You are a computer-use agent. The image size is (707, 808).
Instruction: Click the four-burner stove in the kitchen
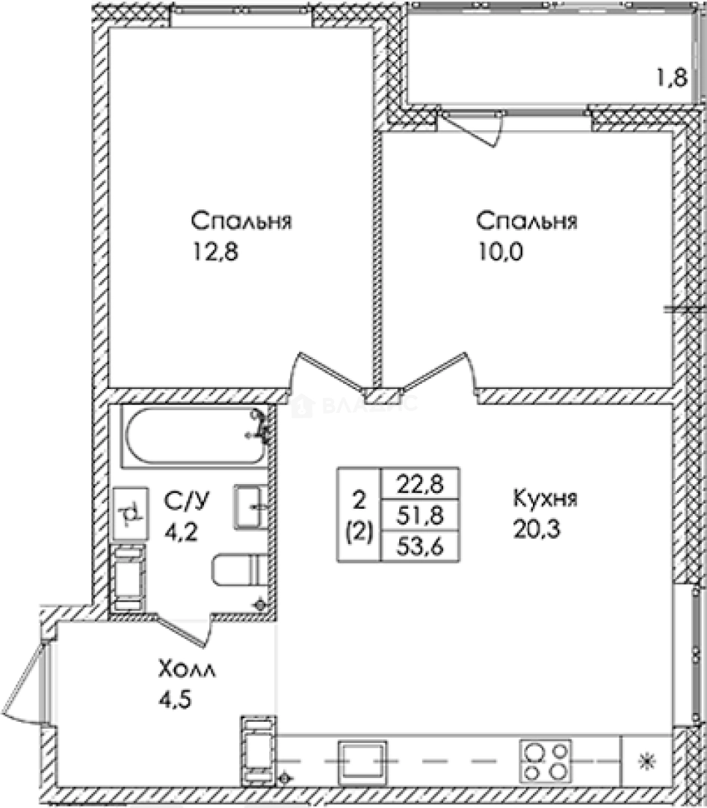[545, 761]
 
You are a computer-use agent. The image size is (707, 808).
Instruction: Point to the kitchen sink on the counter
[362, 761]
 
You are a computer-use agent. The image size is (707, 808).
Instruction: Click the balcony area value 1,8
[673, 79]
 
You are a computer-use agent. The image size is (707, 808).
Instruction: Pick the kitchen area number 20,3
[537, 529]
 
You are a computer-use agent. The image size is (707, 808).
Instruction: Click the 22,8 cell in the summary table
[420, 484]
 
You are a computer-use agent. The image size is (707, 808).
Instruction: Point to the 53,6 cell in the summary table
[420, 547]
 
